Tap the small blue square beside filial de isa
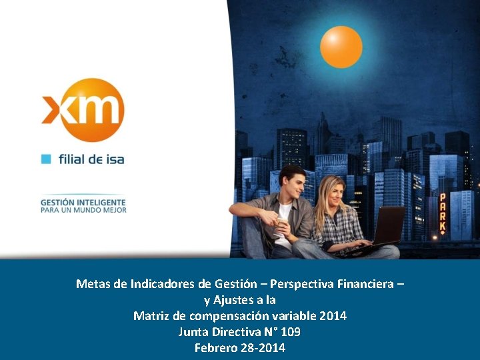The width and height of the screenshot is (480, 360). [x=46, y=159]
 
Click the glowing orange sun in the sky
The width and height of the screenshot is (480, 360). [x=341, y=47]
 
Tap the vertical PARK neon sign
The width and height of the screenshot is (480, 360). [x=442, y=213]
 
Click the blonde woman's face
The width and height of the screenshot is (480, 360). [x=331, y=193]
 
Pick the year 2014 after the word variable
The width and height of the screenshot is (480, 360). [x=333, y=315]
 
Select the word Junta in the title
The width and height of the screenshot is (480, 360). [x=193, y=331]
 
